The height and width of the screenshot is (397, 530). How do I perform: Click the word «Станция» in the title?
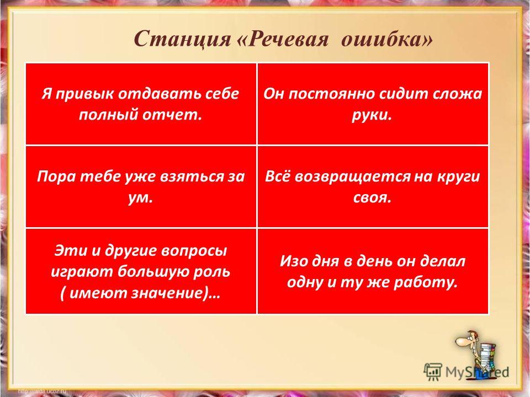click(182, 39)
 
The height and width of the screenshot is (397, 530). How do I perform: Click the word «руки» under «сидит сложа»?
click(372, 115)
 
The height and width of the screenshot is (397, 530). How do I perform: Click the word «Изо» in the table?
click(293, 261)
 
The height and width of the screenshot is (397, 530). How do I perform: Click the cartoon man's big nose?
click(461, 341)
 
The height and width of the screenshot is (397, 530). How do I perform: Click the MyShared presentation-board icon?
click(432, 371)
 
